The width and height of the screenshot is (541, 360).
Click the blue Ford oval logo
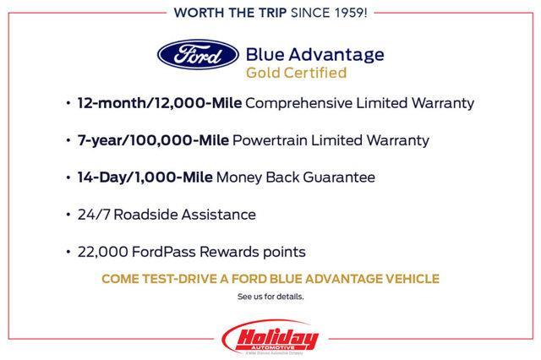tap(197, 57)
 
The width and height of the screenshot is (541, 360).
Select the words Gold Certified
tap(296, 73)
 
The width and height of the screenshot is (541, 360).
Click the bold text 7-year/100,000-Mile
tap(152, 140)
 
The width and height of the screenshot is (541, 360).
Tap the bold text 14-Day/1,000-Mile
tap(145, 177)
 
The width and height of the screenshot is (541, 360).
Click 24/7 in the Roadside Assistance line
tap(91, 215)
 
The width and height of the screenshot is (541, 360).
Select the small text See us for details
tap(270, 297)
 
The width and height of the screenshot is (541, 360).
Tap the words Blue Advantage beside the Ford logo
tap(314, 54)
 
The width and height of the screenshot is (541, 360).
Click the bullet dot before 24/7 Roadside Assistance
tap(68, 215)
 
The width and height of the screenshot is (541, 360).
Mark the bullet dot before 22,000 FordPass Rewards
tap(68, 253)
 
